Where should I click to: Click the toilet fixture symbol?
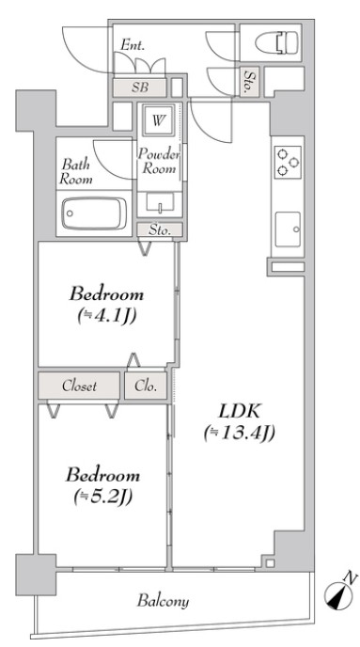click(276, 42)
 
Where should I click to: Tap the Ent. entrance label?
click(133, 45)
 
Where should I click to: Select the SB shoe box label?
click(140, 87)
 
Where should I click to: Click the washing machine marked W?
click(157, 120)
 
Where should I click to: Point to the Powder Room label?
click(159, 162)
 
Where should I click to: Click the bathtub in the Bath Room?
click(94, 213)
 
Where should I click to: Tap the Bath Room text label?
click(76, 172)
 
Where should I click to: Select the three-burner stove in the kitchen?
click(288, 162)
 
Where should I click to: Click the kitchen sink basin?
click(288, 229)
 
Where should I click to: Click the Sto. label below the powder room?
click(160, 230)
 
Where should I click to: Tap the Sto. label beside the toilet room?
click(249, 82)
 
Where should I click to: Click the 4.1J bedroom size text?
click(107, 316)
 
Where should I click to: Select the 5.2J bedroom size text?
click(102, 497)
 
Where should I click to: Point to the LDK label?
click(239, 411)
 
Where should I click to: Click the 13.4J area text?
click(239, 434)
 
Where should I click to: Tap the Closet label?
click(80, 387)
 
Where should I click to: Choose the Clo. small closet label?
click(146, 387)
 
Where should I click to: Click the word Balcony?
click(163, 600)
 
